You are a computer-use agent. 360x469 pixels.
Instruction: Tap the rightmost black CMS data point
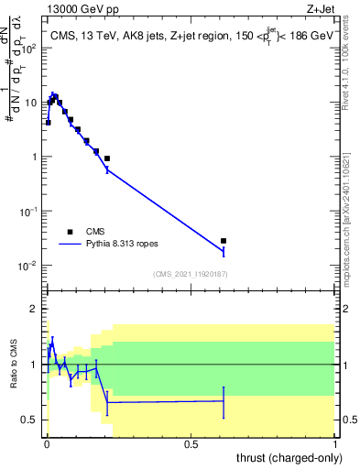(x=224, y=241)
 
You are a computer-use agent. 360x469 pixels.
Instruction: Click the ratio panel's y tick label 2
(x=35, y=309)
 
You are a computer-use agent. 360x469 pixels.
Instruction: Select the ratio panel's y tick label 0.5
(x=31, y=420)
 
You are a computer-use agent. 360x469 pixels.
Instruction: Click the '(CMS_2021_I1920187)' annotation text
(x=191, y=274)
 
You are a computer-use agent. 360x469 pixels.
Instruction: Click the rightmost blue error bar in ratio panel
(x=224, y=401)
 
